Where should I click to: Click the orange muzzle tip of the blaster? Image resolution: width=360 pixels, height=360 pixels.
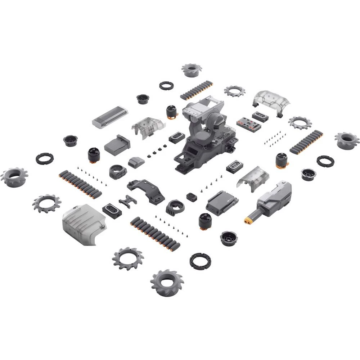(248, 219)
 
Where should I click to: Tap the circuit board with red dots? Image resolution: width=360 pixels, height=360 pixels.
(249, 123)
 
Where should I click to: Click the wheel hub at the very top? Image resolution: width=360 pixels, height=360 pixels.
(192, 69)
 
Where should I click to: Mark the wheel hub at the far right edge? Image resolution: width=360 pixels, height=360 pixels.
(347, 140)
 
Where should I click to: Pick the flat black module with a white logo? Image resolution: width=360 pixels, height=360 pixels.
(222, 203)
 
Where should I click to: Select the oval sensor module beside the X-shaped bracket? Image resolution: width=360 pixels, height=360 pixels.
(112, 210)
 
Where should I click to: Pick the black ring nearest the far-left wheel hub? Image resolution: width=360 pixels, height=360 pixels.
(44, 158)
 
